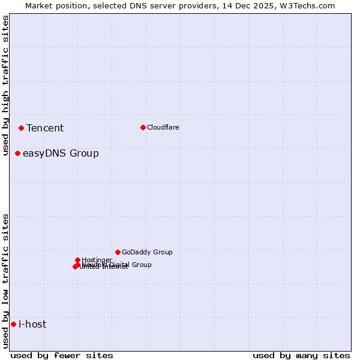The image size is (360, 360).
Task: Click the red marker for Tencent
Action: (x=21, y=128)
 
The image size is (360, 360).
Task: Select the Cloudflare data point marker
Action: (x=143, y=127)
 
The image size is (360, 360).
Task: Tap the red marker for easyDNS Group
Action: (x=17, y=154)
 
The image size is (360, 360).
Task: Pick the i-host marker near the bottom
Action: (x=13, y=325)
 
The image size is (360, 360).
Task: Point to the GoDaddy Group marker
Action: (x=118, y=252)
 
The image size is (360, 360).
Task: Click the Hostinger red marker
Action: (x=77, y=260)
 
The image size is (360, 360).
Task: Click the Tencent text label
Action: (x=45, y=128)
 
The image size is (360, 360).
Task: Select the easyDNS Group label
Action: (x=61, y=154)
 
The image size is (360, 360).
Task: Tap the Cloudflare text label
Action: (x=163, y=127)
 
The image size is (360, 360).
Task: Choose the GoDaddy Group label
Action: (x=147, y=252)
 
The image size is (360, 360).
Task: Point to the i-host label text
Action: (x=32, y=325)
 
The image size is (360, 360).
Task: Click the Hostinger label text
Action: (x=97, y=260)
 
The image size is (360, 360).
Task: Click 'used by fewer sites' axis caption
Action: (x=62, y=355)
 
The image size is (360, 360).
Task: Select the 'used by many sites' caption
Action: (x=301, y=355)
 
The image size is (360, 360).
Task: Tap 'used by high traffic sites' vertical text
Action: (x=5, y=85)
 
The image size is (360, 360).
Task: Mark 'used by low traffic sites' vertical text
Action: (x=5, y=281)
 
